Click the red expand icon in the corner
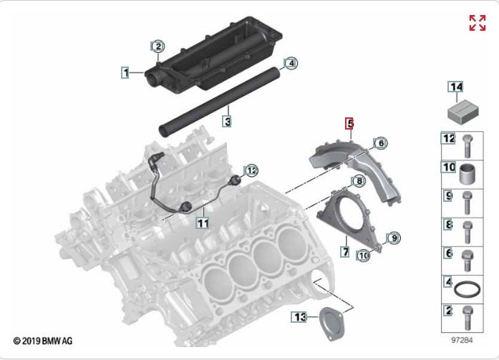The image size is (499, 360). (x=478, y=23)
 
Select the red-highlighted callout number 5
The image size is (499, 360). (x=350, y=123)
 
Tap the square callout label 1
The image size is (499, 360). (x=126, y=72)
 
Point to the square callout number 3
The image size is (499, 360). (x=227, y=121)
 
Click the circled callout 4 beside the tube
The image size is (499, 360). (x=291, y=63)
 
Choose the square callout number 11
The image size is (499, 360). (x=203, y=223)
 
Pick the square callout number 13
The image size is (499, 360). (x=299, y=317)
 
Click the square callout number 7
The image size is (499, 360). (x=345, y=252)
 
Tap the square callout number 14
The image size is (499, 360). (x=456, y=87)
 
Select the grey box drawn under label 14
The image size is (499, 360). (x=463, y=112)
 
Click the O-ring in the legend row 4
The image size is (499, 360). (x=467, y=290)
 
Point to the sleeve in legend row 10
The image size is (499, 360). (x=467, y=174)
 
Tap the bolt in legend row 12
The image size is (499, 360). (x=467, y=146)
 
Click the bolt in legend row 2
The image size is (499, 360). (x=467, y=318)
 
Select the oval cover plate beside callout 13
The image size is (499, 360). (x=330, y=323)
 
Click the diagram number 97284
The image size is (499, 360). (x=462, y=340)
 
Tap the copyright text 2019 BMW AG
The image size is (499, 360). (x=43, y=341)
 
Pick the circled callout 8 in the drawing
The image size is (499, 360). (x=359, y=181)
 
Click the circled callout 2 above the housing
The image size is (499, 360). (x=158, y=47)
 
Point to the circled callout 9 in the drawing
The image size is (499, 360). (x=394, y=238)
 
